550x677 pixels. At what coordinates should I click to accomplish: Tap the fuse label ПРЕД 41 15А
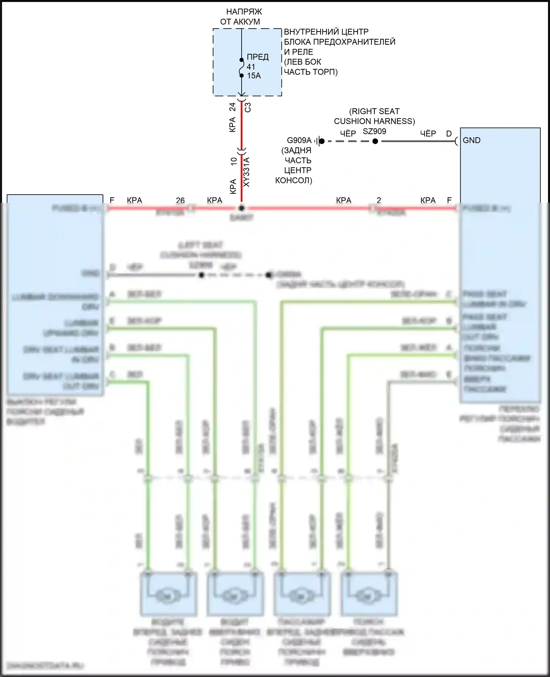tap(257, 66)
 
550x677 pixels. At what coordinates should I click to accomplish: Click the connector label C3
tap(248, 107)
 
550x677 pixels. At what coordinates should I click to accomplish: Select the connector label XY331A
tap(246, 172)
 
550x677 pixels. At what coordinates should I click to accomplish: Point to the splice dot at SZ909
tap(375, 141)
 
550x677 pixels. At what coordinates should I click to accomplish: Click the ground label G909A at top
tap(299, 140)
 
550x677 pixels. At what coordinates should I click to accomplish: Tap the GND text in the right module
tap(472, 140)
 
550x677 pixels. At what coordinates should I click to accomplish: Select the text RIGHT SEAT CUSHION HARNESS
tap(374, 116)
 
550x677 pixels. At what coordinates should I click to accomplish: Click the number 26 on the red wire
tap(180, 200)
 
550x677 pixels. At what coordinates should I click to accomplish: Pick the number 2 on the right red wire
tap(379, 200)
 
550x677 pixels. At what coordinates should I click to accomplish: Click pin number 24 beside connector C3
tap(232, 107)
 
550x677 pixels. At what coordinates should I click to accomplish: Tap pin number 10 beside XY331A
tap(234, 161)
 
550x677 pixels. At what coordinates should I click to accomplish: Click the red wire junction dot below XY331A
tap(241, 208)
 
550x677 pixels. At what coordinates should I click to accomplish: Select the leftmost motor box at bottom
tap(168, 594)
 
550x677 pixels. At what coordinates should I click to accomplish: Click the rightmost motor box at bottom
tap(369, 594)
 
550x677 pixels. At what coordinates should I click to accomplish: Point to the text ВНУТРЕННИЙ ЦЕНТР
tap(326, 32)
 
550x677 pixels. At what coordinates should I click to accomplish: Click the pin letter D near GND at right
tap(449, 134)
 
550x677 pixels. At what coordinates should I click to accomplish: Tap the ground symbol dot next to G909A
tap(322, 141)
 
